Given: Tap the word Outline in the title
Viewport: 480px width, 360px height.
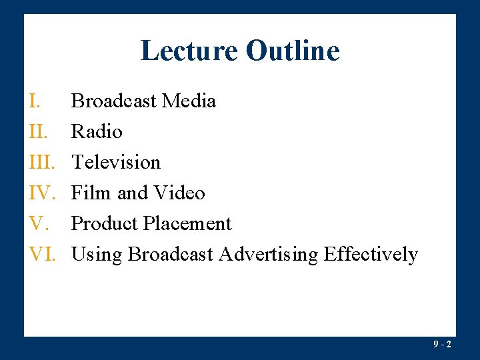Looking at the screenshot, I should [293, 51].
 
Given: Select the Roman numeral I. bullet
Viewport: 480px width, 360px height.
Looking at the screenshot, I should [36, 101].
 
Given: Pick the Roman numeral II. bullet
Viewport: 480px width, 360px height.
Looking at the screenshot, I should [39, 132].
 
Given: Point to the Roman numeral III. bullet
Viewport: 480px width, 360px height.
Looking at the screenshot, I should [41, 163].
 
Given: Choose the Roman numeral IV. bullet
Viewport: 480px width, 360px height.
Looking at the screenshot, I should [43, 193].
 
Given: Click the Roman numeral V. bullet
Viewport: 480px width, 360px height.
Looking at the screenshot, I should [38, 224].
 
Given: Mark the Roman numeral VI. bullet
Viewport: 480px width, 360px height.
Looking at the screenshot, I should [43, 255].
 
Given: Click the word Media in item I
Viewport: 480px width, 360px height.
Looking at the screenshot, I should [189, 101].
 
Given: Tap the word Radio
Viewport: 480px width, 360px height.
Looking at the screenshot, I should [97, 132].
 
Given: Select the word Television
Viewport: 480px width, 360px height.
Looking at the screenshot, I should [116, 163].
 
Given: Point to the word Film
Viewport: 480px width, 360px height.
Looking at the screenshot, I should [91, 193].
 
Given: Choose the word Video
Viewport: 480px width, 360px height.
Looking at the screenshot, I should [179, 193].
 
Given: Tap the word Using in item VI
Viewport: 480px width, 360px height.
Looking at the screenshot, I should [97, 255].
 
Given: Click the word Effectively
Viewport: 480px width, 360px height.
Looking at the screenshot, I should [371, 255].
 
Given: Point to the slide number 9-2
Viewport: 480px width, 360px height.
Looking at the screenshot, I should [442, 345].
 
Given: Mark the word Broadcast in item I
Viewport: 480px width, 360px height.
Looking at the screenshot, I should [114, 101].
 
